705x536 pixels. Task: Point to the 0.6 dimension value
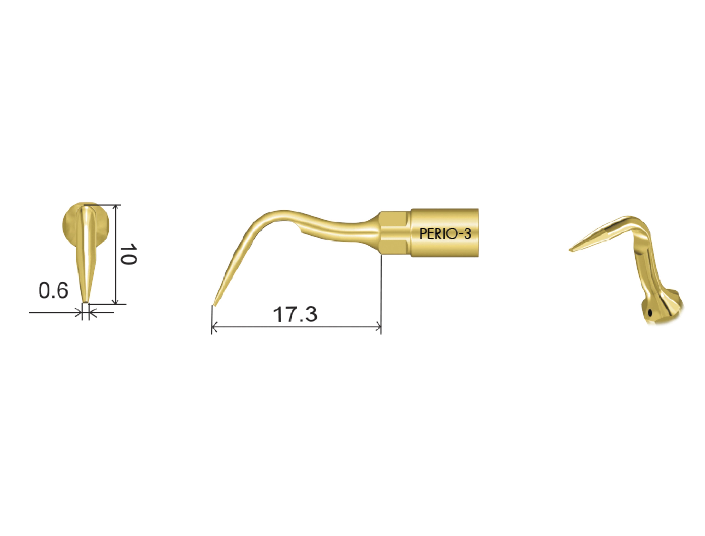pos(53,291)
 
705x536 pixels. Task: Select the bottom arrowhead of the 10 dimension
pos(116,301)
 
